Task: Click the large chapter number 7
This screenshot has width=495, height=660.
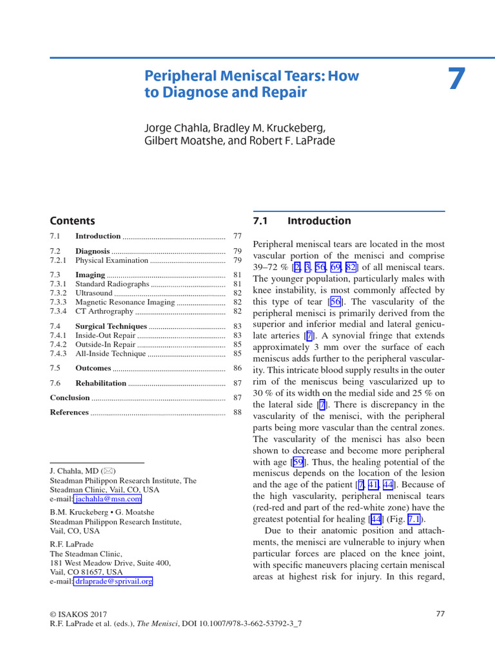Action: click(456, 79)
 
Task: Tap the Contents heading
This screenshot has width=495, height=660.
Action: click(72, 220)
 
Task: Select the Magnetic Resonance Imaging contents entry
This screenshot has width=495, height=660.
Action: click(125, 302)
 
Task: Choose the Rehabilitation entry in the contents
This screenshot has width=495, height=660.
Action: click(101, 383)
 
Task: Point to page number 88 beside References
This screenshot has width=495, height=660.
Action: click(237, 412)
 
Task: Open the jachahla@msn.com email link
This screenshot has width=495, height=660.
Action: click(108, 499)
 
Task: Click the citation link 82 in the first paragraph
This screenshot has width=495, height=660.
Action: click(351, 267)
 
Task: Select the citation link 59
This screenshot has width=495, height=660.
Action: click(298, 462)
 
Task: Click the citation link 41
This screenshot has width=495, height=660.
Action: click(373, 485)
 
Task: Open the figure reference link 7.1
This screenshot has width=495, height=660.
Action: click(414, 519)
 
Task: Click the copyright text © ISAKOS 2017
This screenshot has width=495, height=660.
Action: click(79, 614)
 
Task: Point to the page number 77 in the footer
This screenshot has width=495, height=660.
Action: click(440, 614)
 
